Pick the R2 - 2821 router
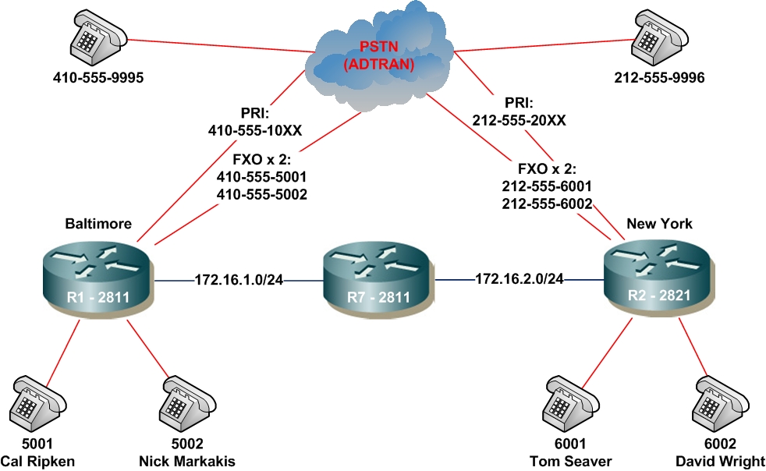click(660, 278)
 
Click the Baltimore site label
click(98, 224)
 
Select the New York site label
click(659, 224)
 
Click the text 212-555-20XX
click(519, 120)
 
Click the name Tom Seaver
click(574, 461)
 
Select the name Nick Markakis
click(186, 461)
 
